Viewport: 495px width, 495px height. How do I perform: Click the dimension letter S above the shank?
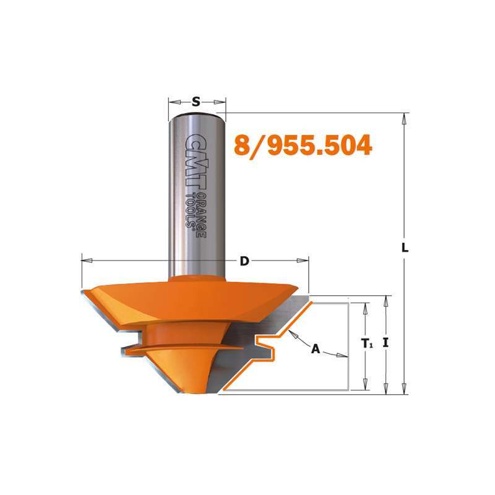(196, 101)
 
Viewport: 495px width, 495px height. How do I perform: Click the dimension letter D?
(244, 261)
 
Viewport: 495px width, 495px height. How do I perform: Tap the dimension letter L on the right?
(405, 247)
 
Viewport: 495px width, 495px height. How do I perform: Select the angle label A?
(316, 349)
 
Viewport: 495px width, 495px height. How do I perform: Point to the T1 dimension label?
(367, 343)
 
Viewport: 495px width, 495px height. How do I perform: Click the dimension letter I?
(385, 343)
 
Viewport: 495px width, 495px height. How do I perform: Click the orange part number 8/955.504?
(303, 145)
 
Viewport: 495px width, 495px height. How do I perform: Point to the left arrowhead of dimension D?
(87, 260)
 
